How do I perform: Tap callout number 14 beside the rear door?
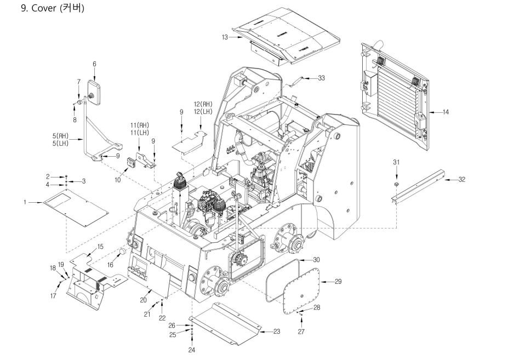tap(446, 112)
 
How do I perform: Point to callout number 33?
tap(321, 78)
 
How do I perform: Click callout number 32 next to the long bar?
tap(461, 179)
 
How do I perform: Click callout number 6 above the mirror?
tap(94, 64)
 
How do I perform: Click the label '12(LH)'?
tap(203, 111)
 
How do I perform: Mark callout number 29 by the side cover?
tap(338, 282)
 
